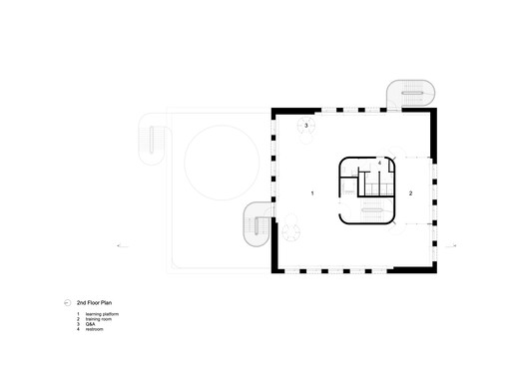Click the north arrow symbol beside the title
pyautogui.click(x=67, y=301)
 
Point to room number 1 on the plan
pyautogui.click(x=312, y=191)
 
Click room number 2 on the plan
pyautogui.click(x=410, y=190)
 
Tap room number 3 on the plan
pyautogui.click(x=305, y=127)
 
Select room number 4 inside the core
pyautogui.click(x=380, y=163)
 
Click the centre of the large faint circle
pyautogui.click(x=224, y=163)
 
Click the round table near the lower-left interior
pyautogui.click(x=292, y=232)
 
